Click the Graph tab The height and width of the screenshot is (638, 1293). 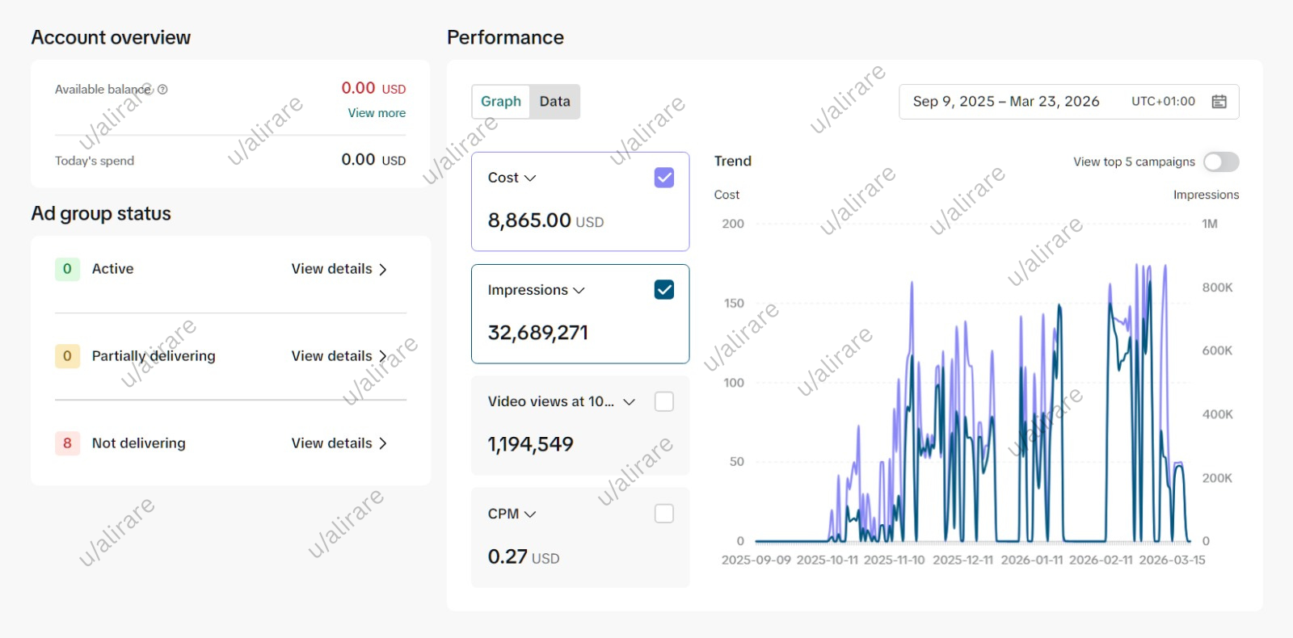[500, 102]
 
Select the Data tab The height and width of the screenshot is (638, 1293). [554, 102]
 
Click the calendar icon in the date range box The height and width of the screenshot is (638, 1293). [1219, 102]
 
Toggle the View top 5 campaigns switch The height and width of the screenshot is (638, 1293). [1220, 162]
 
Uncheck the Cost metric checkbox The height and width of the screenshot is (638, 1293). [663, 178]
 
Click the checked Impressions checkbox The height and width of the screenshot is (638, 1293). [663, 290]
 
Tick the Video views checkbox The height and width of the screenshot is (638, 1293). [663, 401]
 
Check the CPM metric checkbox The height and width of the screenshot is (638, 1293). [663, 514]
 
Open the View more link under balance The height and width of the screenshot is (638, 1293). [377, 113]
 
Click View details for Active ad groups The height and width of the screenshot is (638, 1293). [339, 269]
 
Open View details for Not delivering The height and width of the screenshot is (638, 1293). [339, 443]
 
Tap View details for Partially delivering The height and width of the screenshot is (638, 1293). [339, 356]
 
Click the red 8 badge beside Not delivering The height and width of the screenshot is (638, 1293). [67, 443]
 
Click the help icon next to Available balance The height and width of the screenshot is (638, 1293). [162, 90]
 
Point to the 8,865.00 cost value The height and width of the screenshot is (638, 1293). [529, 220]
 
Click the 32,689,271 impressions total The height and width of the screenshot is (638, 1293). [537, 333]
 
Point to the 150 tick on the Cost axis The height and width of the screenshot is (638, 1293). [734, 304]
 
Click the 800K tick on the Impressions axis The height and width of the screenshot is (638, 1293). [1217, 288]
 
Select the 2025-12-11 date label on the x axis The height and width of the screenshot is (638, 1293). [962, 560]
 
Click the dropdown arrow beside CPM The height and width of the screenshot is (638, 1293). [530, 514]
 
